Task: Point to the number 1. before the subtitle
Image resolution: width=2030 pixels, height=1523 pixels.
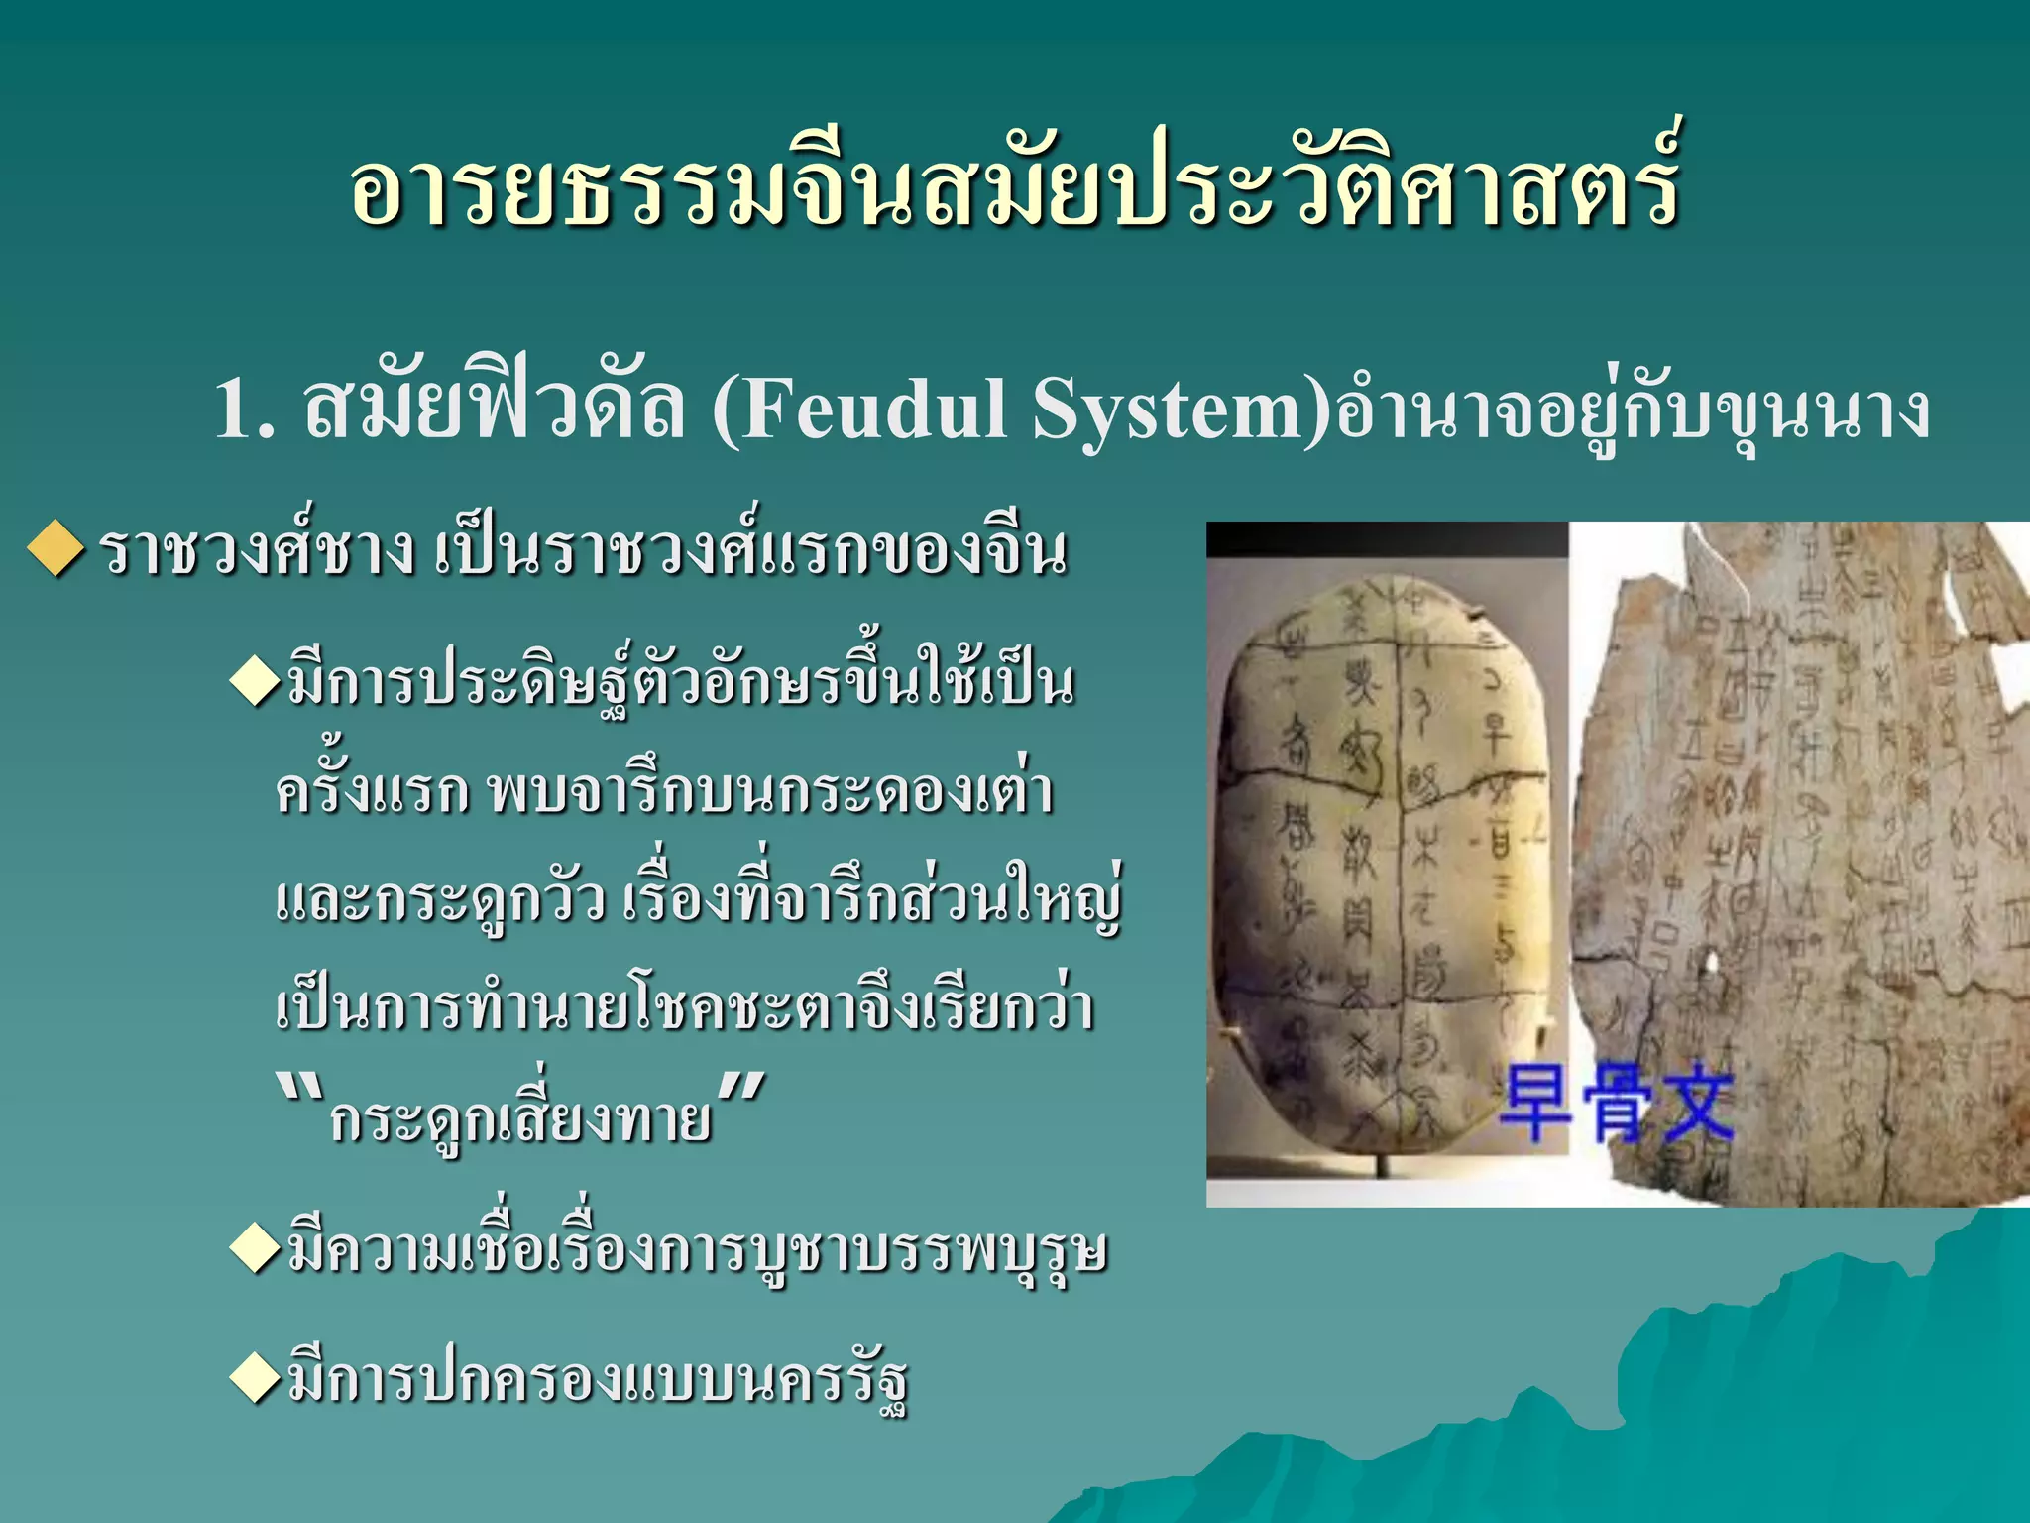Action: click(244, 409)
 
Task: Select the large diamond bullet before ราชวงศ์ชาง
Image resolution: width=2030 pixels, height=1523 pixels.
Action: click(56, 549)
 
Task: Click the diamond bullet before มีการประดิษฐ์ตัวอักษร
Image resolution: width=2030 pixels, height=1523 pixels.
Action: click(256, 683)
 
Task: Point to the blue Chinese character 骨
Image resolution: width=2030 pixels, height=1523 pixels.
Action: click(1616, 1107)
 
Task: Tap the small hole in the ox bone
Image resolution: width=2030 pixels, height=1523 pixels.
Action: click(1709, 960)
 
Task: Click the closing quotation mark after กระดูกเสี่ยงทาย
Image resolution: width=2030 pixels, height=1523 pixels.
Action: click(741, 1091)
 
